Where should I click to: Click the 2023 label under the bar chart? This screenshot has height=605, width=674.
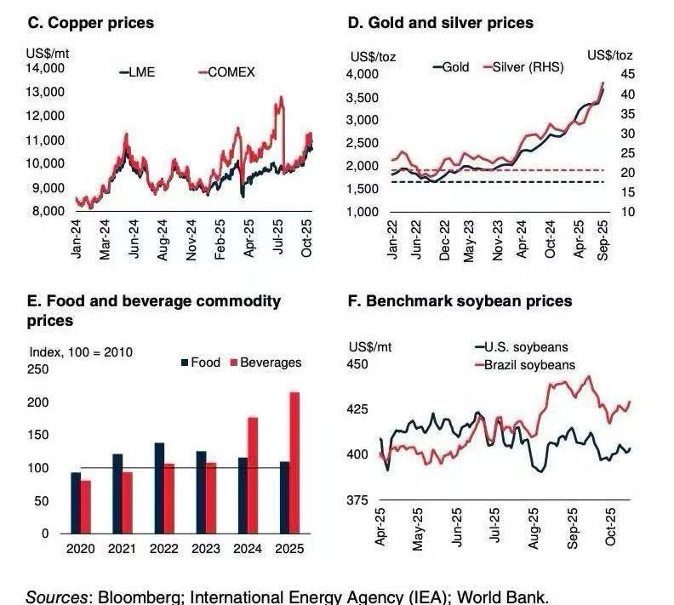[x=205, y=549]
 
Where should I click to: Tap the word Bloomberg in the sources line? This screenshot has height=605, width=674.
[x=140, y=596]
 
